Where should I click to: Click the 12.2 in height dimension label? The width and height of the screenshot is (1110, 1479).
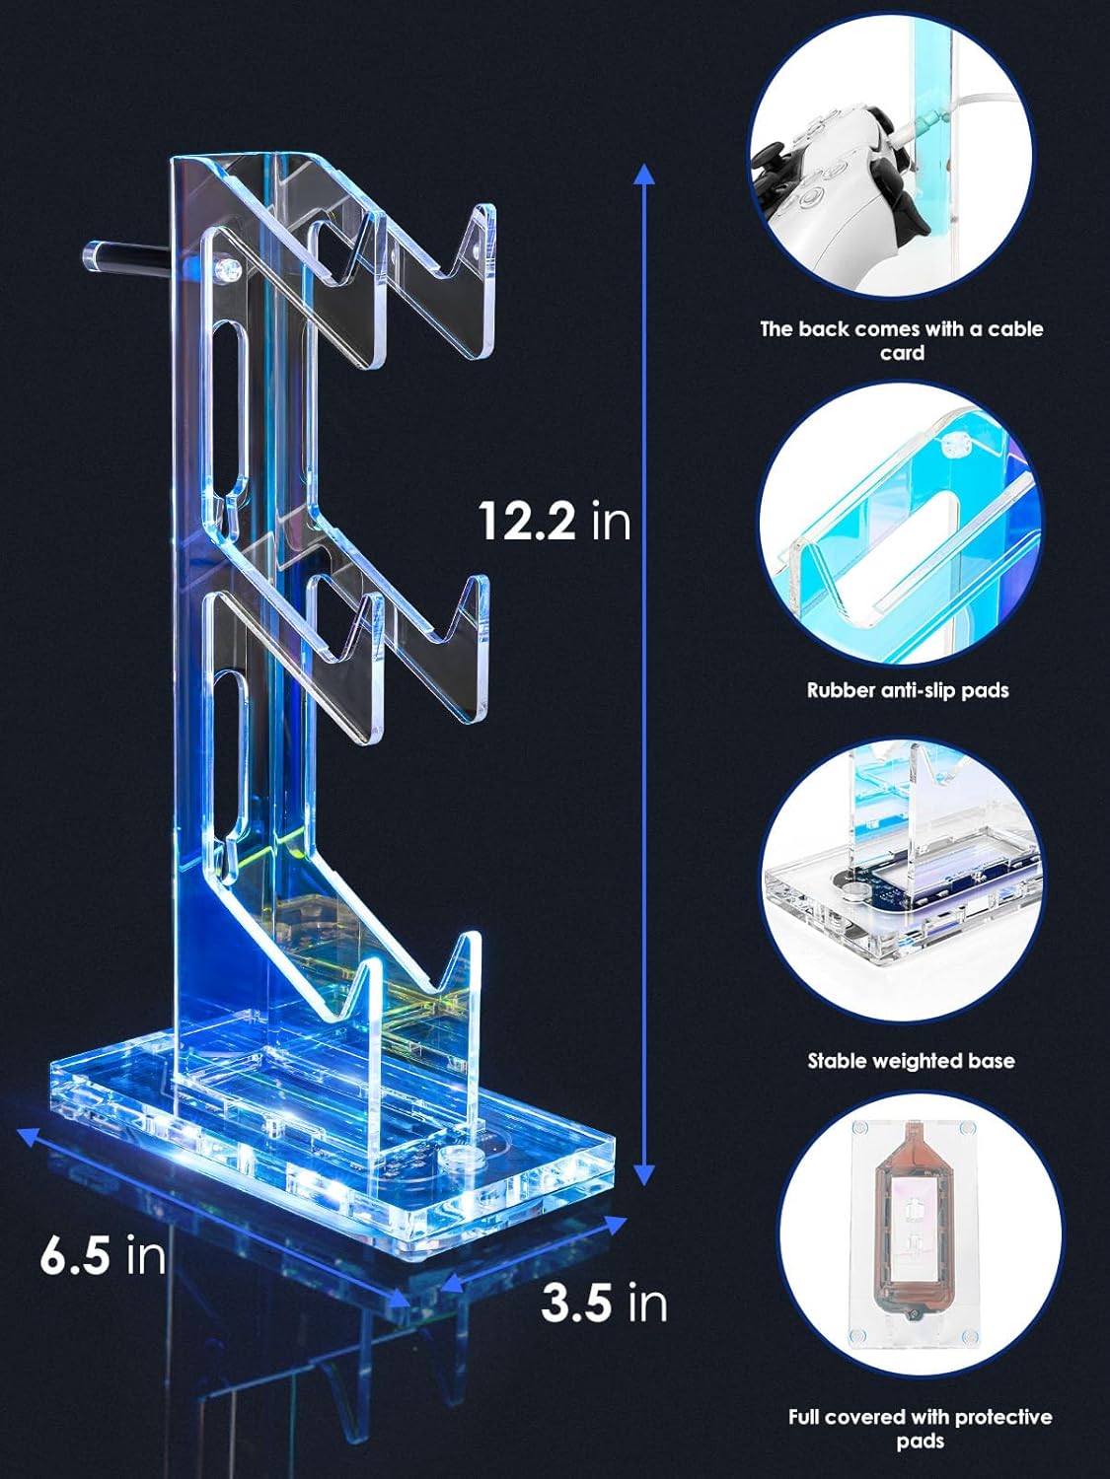pyautogui.click(x=555, y=520)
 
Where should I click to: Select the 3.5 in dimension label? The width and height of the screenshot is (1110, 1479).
pyautogui.click(x=604, y=1303)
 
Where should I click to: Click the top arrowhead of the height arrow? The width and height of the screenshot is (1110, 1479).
pyautogui.click(x=643, y=176)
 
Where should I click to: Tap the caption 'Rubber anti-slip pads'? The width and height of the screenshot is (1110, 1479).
pyautogui.click(x=907, y=690)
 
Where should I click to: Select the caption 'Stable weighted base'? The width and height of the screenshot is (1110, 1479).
pyautogui.click(x=911, y=1061)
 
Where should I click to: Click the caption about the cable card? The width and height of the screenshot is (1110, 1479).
pyautogui.click(x=901, y=340)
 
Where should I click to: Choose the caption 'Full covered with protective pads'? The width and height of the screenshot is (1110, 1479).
pyautogui.click(x=920, y=1429)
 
